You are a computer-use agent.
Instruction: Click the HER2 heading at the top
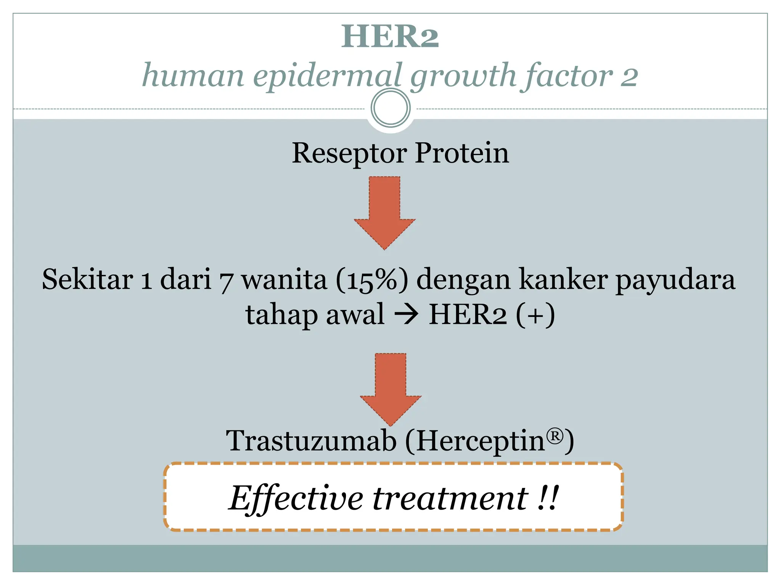(390, 37)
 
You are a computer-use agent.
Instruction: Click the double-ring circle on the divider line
(390, 108)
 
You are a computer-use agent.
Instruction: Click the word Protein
(462, 153)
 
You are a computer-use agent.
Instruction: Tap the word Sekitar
(87, 279)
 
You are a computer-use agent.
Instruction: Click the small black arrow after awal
(407, 315)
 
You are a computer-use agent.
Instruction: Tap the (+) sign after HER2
(535, 315)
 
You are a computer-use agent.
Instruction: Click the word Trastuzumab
(311, 441)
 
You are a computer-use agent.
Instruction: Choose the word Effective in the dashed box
(296, 498)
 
